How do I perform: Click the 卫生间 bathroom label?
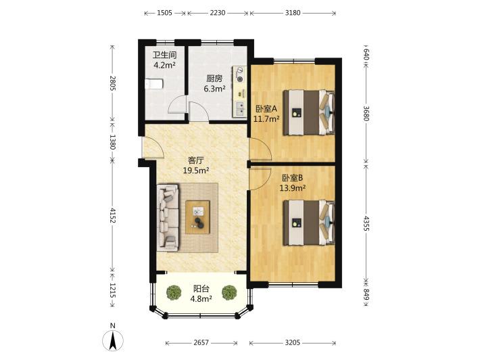[164, 55]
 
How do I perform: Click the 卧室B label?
[293, 179]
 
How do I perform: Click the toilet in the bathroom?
[155, 83]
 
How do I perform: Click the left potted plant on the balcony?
[174, 293]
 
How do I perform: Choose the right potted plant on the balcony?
[230, 293]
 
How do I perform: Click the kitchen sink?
[239, 107]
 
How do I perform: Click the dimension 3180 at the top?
[293, 13]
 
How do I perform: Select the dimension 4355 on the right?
[366, 223]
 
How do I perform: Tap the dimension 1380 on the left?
[113, 142]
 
